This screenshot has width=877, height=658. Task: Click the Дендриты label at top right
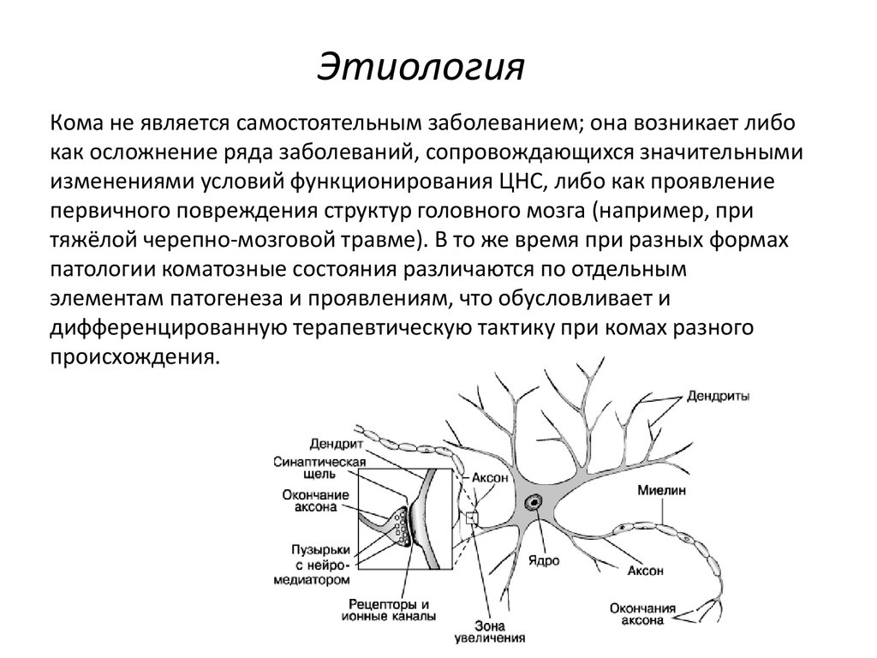click(719, 397)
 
